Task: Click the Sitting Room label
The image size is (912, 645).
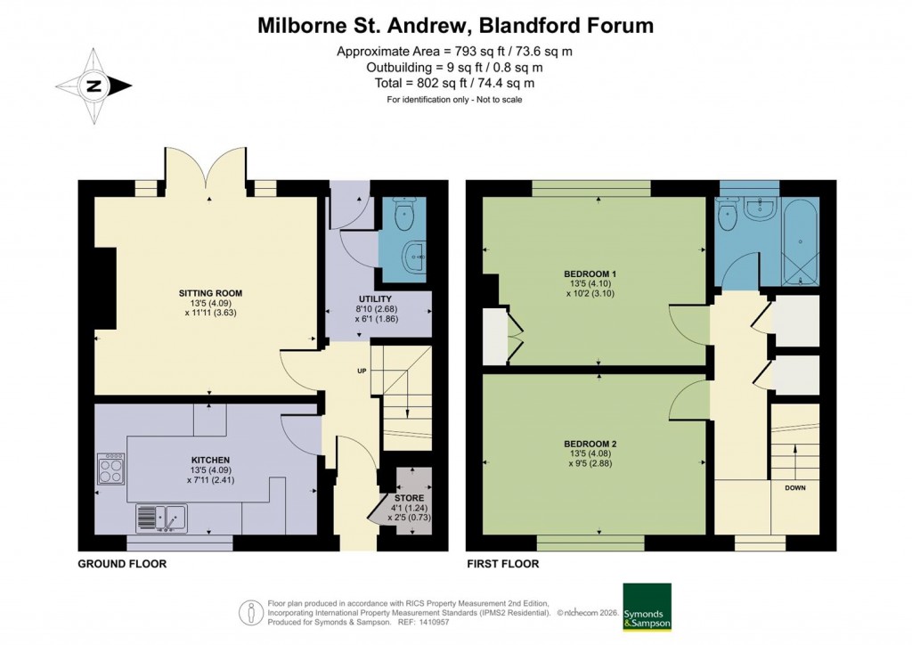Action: click(210, 292)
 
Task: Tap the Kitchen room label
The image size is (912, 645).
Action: click(210, 460)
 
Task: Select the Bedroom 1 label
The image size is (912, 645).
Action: click(590, 273)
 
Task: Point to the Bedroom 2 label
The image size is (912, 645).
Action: click(590, 443)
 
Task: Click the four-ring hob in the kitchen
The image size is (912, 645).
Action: click(110, 469)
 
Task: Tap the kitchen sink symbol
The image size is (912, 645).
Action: click(161, 518)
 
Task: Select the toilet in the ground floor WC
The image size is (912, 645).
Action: click(406, 210)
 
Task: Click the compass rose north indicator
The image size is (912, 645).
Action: click(94, 86)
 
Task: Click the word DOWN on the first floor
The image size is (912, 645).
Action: click(796, 489)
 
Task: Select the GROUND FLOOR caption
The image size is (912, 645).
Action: click(122, 565)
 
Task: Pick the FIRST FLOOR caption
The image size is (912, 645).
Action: click(502, 565)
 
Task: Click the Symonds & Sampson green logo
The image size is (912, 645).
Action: click(647, 608)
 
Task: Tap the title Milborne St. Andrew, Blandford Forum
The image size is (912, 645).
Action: click(455, 25)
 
